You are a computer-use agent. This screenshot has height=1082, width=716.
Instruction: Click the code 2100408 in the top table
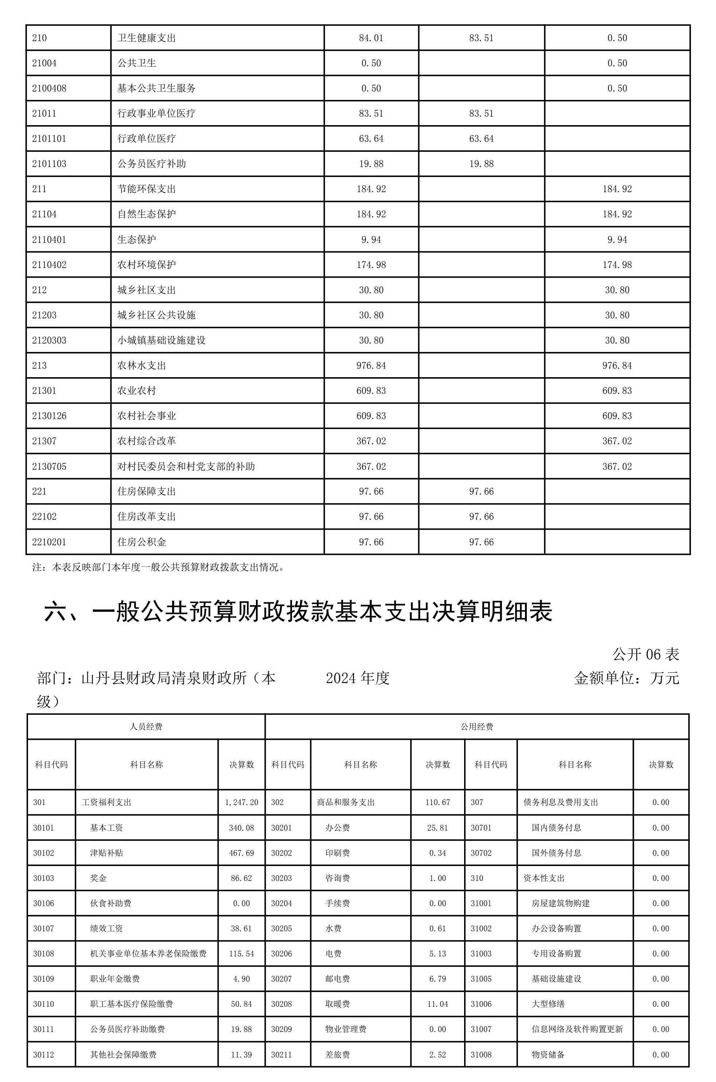[x=49, y=88]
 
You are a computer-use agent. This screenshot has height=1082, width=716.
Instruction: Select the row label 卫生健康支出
[x=147, y=38]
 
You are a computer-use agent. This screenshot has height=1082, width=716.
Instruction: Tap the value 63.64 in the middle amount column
[x=481, y=139]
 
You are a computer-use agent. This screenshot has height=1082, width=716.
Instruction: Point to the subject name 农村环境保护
[x=147, y=264]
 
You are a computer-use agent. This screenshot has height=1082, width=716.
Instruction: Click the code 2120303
[x=49, y=340]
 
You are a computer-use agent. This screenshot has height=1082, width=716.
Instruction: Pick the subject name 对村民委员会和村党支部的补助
[x=186, y=466]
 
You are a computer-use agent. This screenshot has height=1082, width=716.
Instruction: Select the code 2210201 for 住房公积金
[x=49, y=542]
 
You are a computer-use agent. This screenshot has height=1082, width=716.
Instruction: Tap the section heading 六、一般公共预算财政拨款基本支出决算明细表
[x=298, y=612]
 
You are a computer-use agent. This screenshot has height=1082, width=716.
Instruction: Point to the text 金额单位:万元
[x=626, y=678]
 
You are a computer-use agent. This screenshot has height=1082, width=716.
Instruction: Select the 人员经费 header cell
[x=146, y=727]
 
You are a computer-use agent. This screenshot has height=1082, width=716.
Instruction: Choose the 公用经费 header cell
[x=477, y=727]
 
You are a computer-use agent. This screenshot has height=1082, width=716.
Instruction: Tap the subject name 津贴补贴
[x=106, y=853]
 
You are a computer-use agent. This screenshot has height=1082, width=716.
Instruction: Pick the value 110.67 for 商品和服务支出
[x=437, y=802]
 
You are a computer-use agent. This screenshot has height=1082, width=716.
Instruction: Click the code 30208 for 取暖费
[x=281, y=1004]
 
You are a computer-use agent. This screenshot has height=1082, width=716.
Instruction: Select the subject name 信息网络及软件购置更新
[x=577, y=1029]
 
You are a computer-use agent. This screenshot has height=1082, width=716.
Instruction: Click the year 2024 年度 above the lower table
[x=358, y=678]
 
